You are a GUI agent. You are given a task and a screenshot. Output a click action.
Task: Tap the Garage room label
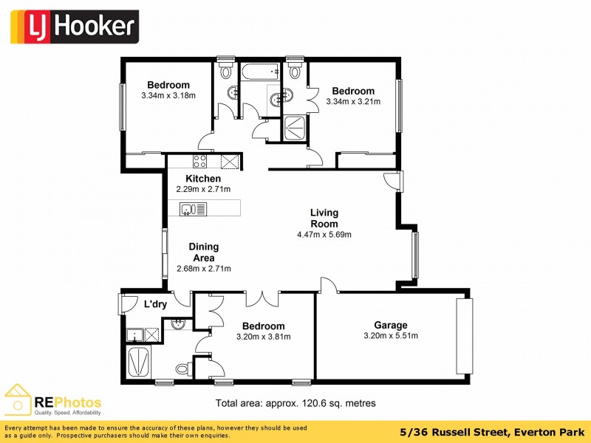tap(390, 325)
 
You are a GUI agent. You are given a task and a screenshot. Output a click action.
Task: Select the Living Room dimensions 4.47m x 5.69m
tap(324, 236)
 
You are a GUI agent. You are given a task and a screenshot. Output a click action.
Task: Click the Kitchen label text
tap(203, 179)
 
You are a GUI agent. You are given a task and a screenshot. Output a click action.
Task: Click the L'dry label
tap(155, 304)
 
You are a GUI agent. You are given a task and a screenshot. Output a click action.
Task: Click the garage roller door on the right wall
tap(463, 336)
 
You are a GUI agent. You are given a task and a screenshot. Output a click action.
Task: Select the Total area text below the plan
tap(295, 403)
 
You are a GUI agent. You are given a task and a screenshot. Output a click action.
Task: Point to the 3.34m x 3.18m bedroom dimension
tap(168, 95)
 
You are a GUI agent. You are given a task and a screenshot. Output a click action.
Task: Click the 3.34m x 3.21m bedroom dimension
tap(352, 101)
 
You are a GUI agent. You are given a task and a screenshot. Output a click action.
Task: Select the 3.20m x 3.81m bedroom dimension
tap(263, 337)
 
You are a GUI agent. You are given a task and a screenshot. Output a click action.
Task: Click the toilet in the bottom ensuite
tap(182, 368)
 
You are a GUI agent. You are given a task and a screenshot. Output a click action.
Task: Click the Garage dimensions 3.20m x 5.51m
tap(390, 336)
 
